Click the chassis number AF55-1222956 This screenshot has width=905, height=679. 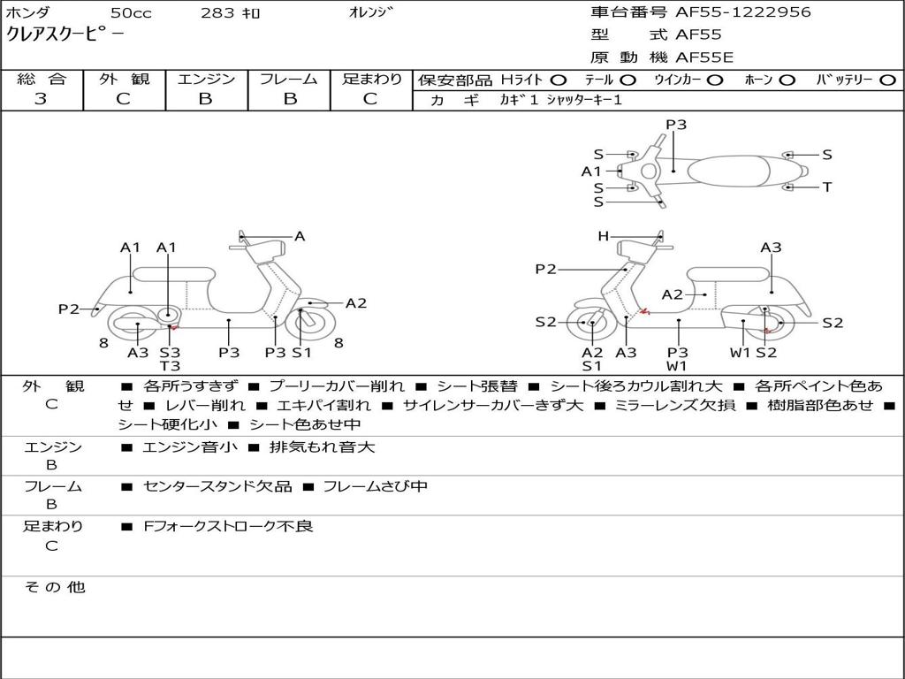click(x=742, y=12)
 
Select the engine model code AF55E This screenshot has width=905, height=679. click(x=704, y=57)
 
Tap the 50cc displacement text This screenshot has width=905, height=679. click(x=131, y=12)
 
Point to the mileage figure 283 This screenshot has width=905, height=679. click(x=217, y=12)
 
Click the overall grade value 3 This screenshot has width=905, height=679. click(x=41, y=98)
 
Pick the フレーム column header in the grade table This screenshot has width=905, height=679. click(x=289, y=79)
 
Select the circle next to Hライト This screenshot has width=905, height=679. click(x=559, y=80)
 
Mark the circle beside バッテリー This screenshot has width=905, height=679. click(x=887, y=80)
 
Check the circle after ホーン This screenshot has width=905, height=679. click(x=787, y=80)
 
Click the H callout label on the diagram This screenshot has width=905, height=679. click(x=603, y=236)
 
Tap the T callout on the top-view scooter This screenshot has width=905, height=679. click(x=827, y=187)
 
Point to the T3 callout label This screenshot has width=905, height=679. click(x=170, y=365)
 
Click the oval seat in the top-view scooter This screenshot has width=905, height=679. click(x=728, y=171)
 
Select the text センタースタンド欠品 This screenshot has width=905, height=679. click(x=217, y=486)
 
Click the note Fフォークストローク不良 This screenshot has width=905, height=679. click(x=228, y=526)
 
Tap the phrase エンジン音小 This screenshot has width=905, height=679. click(x=189, y=446)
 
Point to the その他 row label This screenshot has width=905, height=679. click(x=55, y=587)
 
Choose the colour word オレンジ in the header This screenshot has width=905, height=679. click(x=370, y=12)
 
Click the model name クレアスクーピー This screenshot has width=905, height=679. click(x=64, y=34)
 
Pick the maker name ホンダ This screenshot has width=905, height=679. click(x=27, y=12)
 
